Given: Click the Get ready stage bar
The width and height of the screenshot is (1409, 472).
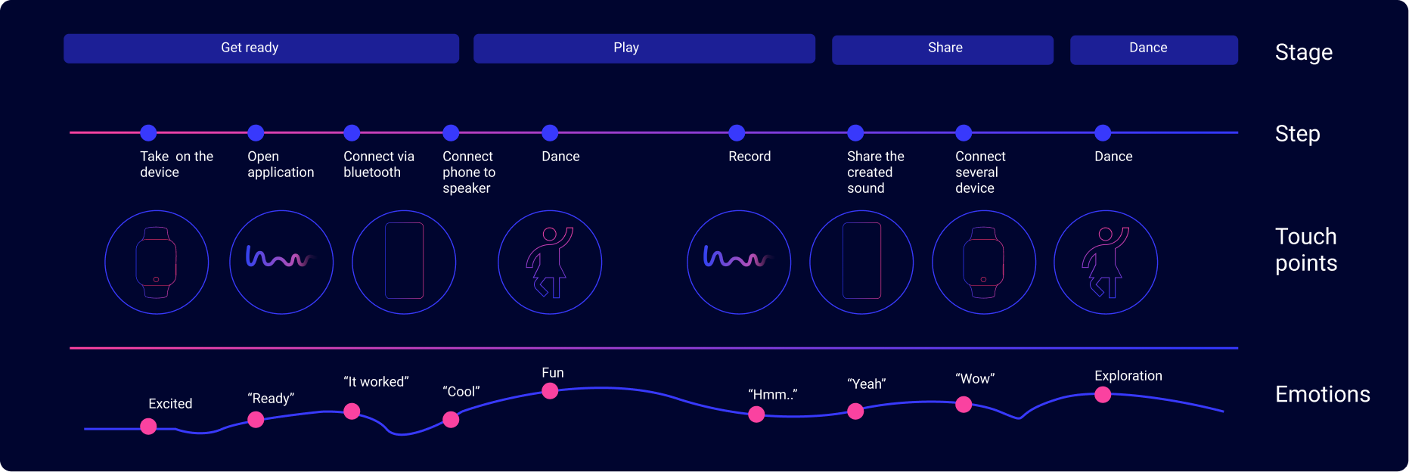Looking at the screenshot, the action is click(261, 48).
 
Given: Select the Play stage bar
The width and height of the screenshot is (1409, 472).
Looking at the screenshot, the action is click(644, 48).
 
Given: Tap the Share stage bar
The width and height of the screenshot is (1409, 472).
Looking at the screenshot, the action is click(942, 50).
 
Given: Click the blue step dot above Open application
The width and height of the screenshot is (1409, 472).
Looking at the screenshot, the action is click(256, 133).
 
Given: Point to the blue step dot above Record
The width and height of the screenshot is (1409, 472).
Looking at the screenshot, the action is click(737, 133).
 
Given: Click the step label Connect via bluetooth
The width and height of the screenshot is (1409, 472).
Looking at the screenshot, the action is click(379, 164).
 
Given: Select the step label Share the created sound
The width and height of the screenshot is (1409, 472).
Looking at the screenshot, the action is click(876, 172).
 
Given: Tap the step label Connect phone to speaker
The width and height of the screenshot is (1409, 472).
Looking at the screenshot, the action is click(469, 172).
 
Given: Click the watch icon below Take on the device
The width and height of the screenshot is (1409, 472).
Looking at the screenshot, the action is click(157, 262).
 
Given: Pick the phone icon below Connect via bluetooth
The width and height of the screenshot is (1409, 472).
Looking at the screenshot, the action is click(405, 261).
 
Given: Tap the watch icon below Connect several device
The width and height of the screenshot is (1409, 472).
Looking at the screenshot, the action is click(983, 262).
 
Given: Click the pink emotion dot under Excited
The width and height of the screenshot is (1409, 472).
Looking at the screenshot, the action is click(149, 427).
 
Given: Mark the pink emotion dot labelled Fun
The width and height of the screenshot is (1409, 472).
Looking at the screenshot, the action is click(550, 391).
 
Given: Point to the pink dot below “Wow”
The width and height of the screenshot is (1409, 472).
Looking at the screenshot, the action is click(964, 405).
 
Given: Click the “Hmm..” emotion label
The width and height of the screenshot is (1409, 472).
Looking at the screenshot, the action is click(773, 395).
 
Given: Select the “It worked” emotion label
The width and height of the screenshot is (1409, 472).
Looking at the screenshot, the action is click(376, 382).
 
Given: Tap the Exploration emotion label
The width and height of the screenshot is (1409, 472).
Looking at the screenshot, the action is click(1128, 376).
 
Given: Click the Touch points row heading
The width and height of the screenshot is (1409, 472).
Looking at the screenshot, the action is click(1306, 250).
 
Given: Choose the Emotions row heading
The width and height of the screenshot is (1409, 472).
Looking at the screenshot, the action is click(1323, 394).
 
